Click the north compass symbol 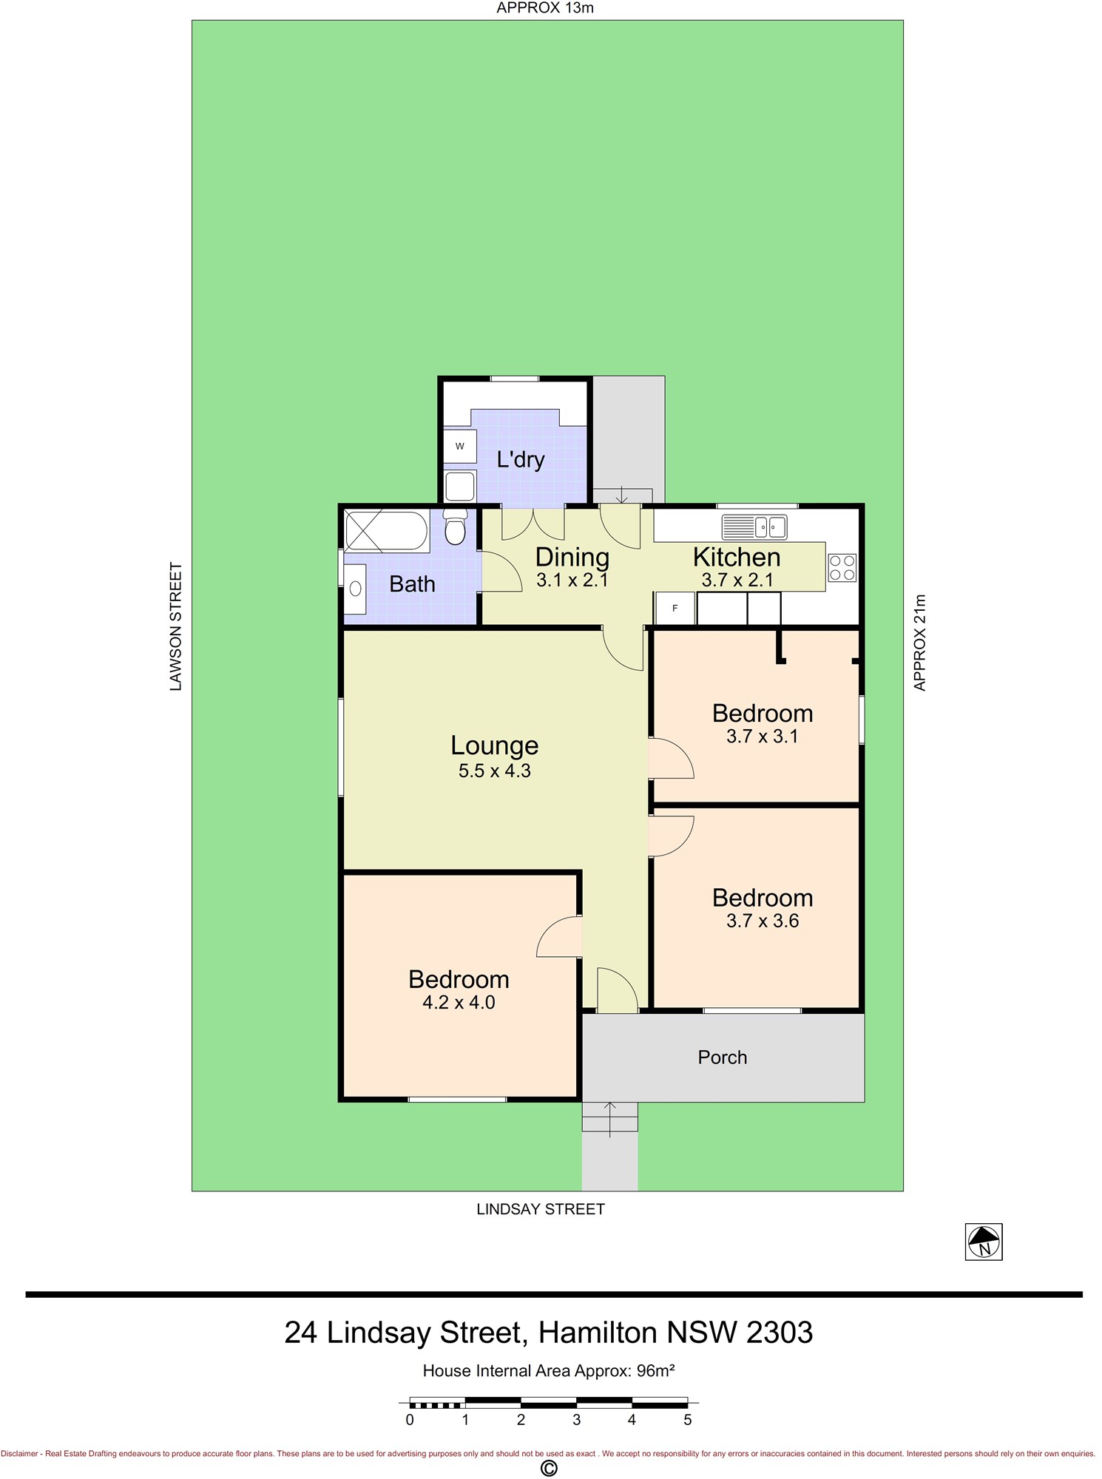click(x=984, y=1242)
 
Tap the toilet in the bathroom click(x=456, y=526)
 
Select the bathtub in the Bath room click(x=386, y=531)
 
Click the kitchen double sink click(x=754, y=527)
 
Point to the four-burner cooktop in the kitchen click(x=842, y=568)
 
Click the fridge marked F click(x=675, y=609)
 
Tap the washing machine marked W click(x=459, y=446)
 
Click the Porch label click(x=723, y=1057)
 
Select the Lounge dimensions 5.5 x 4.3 click(x=495, y=771)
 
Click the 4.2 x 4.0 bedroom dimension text click(x=459, y=1003)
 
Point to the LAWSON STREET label click(x=175, y=626)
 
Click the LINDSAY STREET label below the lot click(x=541, y=1209)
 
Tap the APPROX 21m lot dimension click(x=919, y=643)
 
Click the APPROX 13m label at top click(x=545, y=8)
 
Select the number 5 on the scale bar click(x=688, y=1420)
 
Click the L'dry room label click(x=521, y=459)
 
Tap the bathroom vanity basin click(x=355, y=589)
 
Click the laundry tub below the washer click(x=460, y=486)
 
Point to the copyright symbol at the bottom click(x=549, y=1468)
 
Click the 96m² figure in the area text click(x=655, y=1370)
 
